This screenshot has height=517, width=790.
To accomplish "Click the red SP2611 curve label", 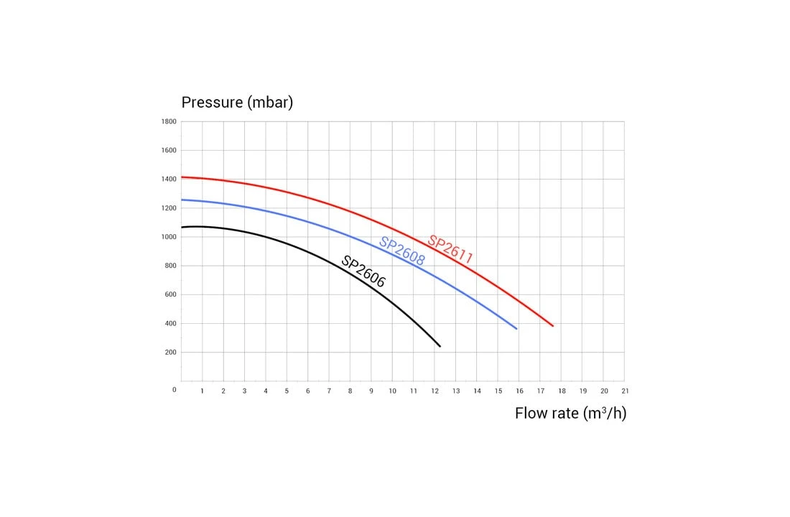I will [450, 248].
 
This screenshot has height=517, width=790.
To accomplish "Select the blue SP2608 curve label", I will [402, 251].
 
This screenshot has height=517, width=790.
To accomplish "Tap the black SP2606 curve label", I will [363, 271].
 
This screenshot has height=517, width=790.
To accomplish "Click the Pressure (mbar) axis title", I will [237, 102].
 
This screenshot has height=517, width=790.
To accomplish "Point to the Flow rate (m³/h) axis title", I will [570, 414].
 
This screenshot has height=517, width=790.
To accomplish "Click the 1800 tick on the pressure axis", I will [169, 121].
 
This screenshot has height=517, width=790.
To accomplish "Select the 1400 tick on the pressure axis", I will [169, 179].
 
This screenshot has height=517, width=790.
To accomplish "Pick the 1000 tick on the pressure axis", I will [169, 237].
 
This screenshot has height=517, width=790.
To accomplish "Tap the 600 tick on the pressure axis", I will [170, 294].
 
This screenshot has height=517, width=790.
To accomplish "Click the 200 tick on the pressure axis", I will [170, 352].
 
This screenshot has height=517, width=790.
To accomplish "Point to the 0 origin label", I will [174, 390].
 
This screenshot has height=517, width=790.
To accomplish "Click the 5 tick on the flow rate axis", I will [287, 391].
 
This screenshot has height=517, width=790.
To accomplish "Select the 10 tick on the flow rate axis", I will [392, 391].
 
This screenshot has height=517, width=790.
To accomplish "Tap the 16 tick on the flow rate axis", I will [519, 391].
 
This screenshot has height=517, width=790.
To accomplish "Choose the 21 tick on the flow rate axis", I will [625, 391].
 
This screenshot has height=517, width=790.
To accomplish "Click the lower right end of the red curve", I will [553, 326].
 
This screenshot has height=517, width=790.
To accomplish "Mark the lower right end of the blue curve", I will [516, 329].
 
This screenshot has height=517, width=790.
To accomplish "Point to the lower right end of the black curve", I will [440, 346].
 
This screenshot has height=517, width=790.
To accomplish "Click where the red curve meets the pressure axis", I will [182, 177].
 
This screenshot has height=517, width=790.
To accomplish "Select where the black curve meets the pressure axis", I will [182, 228].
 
